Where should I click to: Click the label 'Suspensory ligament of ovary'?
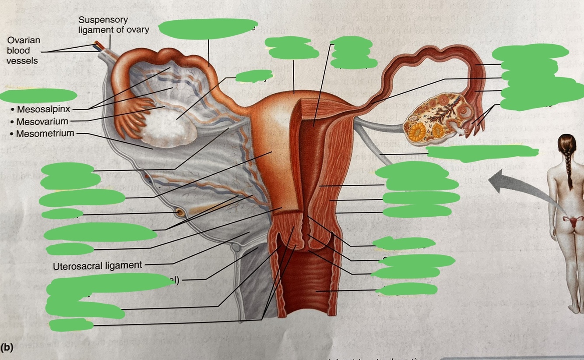114,25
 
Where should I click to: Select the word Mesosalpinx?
43,109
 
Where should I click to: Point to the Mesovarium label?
42,121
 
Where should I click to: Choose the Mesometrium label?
45,133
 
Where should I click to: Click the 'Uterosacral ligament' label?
97,265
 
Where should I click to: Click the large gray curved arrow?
517,184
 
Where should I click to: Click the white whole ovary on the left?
169,125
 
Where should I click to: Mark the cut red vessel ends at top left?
96,45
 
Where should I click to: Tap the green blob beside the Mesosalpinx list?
39,95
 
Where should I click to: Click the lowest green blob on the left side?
71,325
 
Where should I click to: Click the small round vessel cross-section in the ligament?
179,213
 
